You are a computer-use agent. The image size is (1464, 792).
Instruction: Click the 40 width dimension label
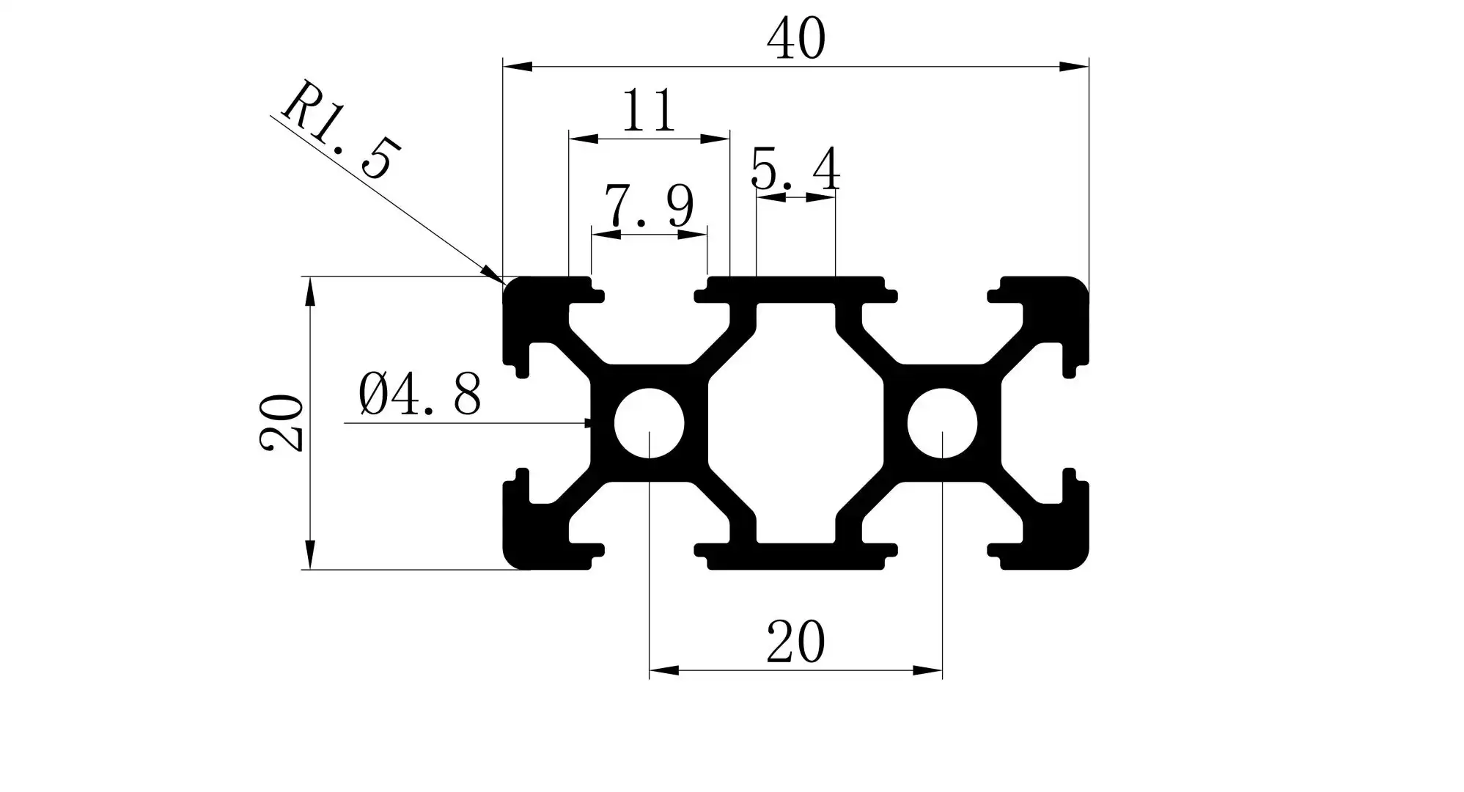(x=796, y=40)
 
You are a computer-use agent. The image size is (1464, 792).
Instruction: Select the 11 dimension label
(x=648, y=111)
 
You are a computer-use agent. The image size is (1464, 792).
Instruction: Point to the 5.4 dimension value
(x=795, y=170)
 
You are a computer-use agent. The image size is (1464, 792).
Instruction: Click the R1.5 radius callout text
(x=340, y=132)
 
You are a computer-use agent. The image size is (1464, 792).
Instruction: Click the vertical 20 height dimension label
(x=282, y=423)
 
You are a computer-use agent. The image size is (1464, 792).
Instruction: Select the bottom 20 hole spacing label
(x=796, y=642)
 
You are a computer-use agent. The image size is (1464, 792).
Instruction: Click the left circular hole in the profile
(x=650, y=423)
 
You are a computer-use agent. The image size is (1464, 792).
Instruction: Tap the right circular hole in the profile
(x=943, y=423)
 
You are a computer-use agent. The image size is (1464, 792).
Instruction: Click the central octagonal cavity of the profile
(x=796, y=423)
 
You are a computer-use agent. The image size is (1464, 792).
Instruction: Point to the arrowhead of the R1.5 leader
(x=493, y=274)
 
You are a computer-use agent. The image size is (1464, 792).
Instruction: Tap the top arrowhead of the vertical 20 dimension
(x=310, y=290)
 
